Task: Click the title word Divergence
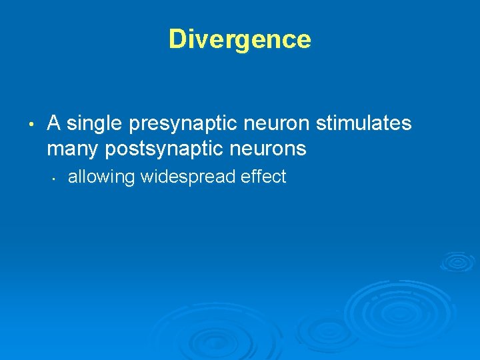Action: click(239, 39)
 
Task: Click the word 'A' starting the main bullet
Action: click(55, 124)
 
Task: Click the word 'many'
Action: click(73, 149)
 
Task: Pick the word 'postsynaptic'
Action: click(169, 149)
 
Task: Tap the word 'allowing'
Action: click(101, 177)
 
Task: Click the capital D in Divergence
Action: click(177, 39)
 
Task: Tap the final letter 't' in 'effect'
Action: click(283, 177)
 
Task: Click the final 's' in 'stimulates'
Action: click(407, 124)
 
